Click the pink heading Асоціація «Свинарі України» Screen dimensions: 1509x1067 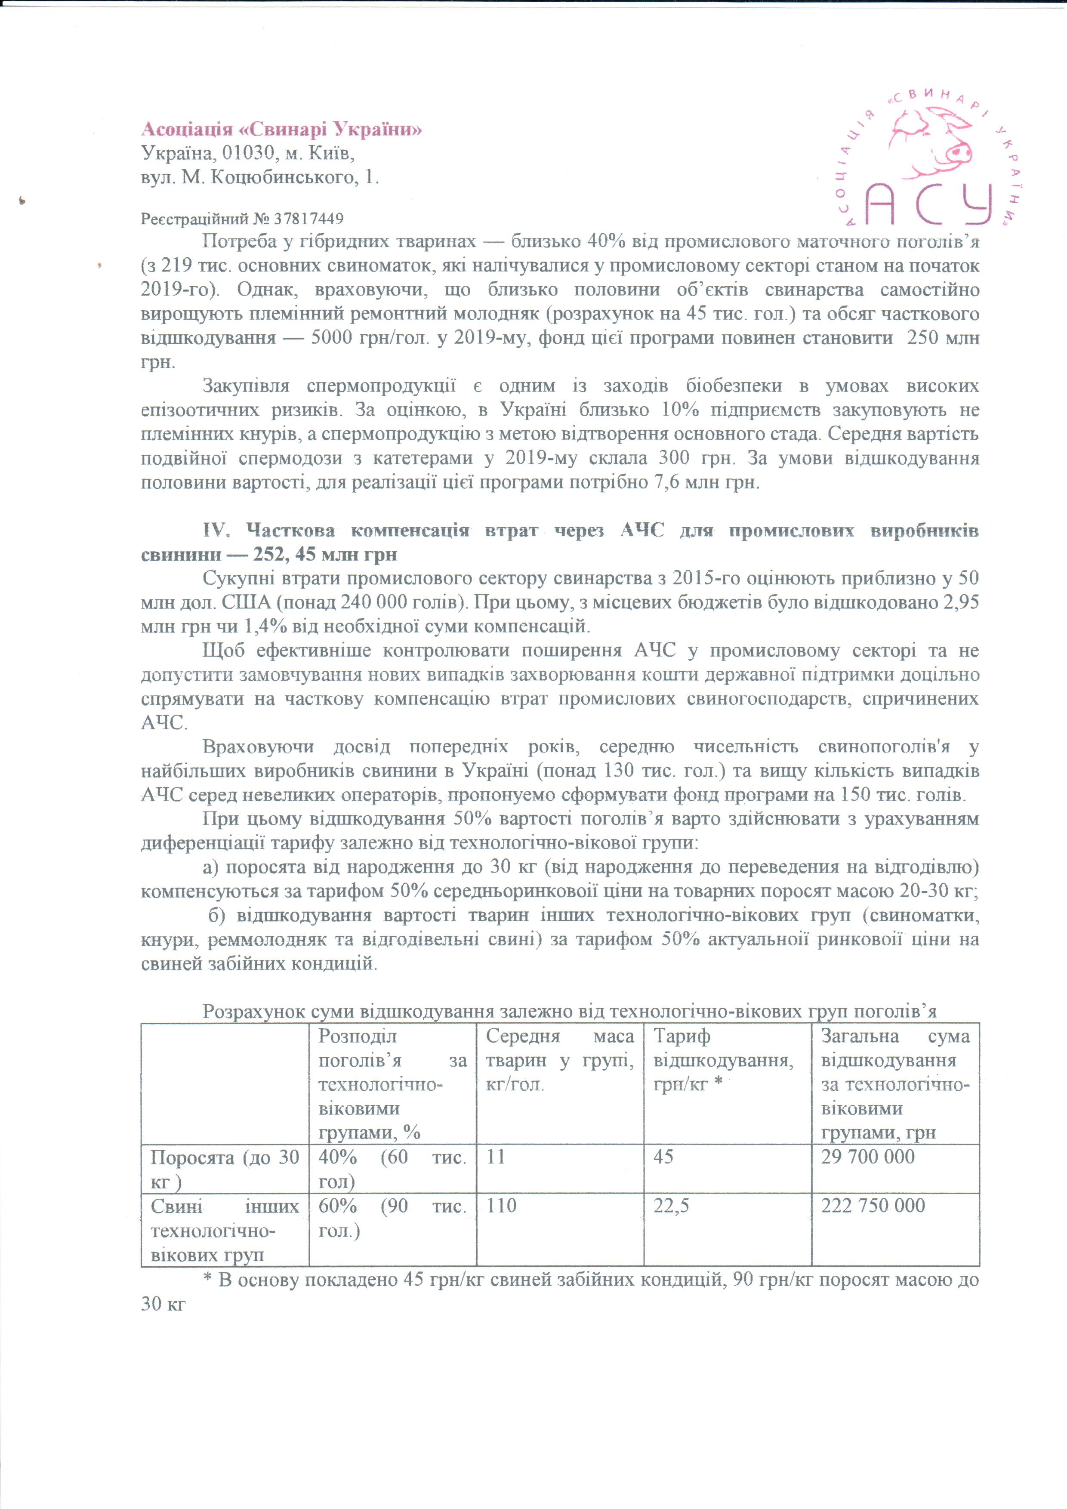pos(282,130)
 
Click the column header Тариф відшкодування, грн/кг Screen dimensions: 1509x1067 pos(723,1060)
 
